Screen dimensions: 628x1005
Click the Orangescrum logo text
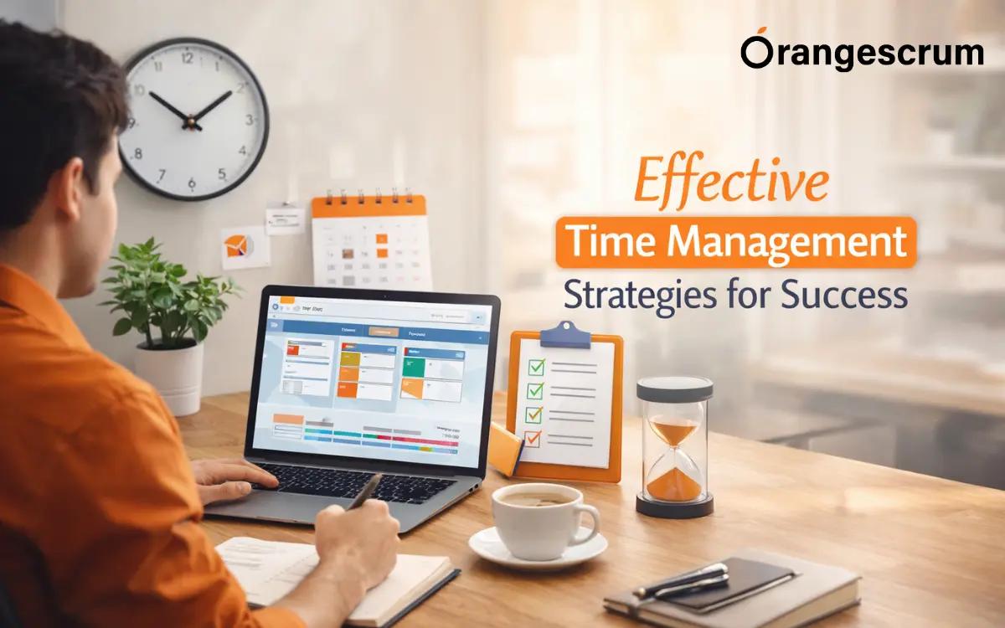pos(862,54)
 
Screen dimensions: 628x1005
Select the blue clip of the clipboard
pos(565,335)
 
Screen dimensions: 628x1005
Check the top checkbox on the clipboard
pos(535,367)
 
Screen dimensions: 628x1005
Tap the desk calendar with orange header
pos(371,243)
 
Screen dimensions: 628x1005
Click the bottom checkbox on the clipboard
pos(532,437)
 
